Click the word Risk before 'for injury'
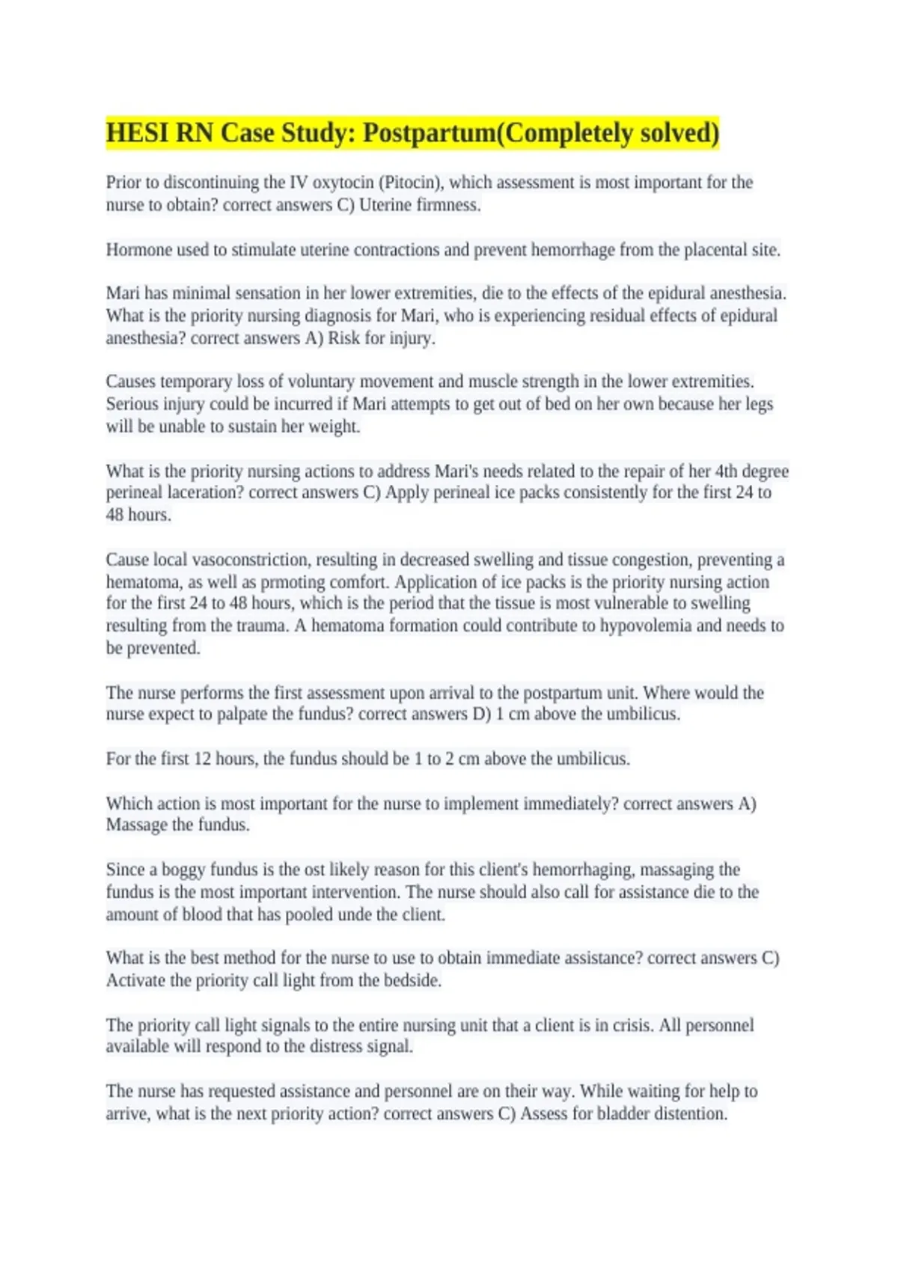[344, 338]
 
